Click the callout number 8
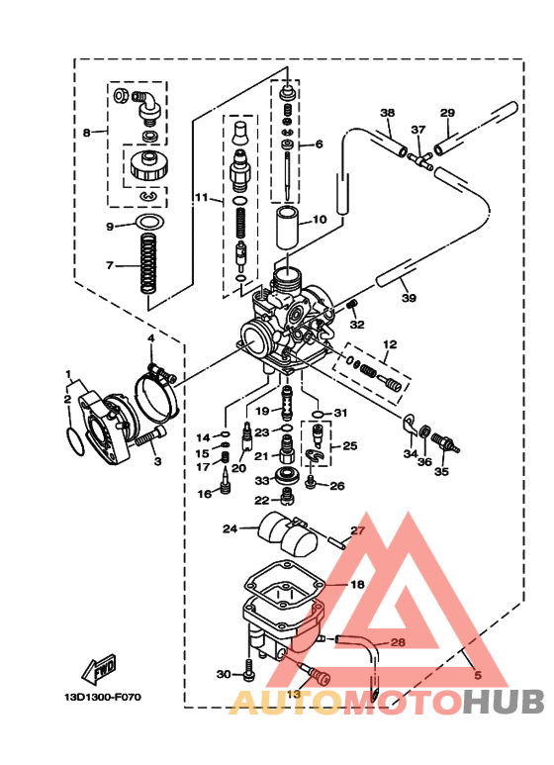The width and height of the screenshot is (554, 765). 87,132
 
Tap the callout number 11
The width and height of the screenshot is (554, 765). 200,198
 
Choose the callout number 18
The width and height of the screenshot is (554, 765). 357,585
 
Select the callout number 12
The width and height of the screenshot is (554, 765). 390,344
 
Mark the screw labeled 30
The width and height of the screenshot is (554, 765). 247,674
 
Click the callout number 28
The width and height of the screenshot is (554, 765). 397,643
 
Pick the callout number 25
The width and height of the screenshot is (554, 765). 349,446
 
